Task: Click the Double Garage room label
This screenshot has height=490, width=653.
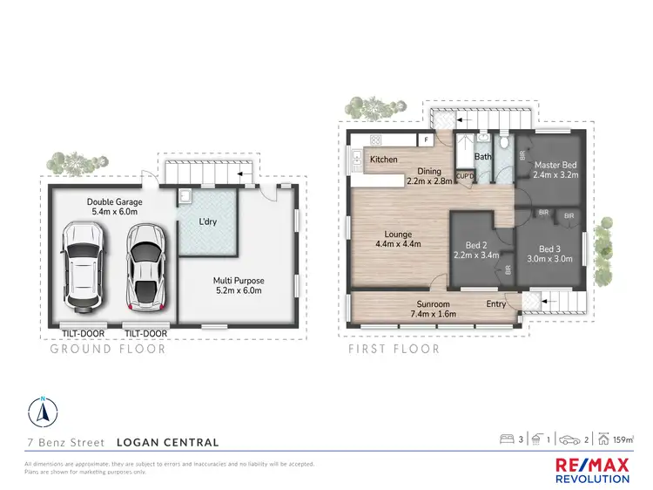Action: tap(114, 202)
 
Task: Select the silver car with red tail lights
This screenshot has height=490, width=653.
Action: tap(145, 268)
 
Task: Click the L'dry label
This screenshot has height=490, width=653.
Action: tap(209, 222)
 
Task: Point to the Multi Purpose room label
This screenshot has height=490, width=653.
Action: tap(239, 281)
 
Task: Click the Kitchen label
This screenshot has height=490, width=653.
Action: tap(384, 160)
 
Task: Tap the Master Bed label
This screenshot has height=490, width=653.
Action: tap(555, 166)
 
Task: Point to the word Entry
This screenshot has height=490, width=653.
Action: tap(496, 304)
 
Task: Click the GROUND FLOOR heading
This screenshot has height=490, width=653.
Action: tap(108, 350)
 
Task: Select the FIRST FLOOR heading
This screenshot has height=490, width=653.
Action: tap(393, 350)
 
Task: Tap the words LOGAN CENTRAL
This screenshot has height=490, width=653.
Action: tap(169, 443)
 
